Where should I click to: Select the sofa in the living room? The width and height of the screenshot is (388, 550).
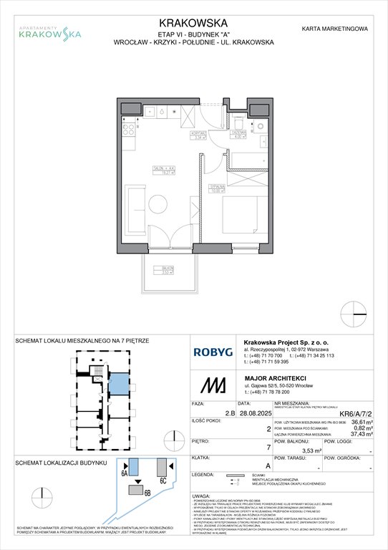point(133,207)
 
